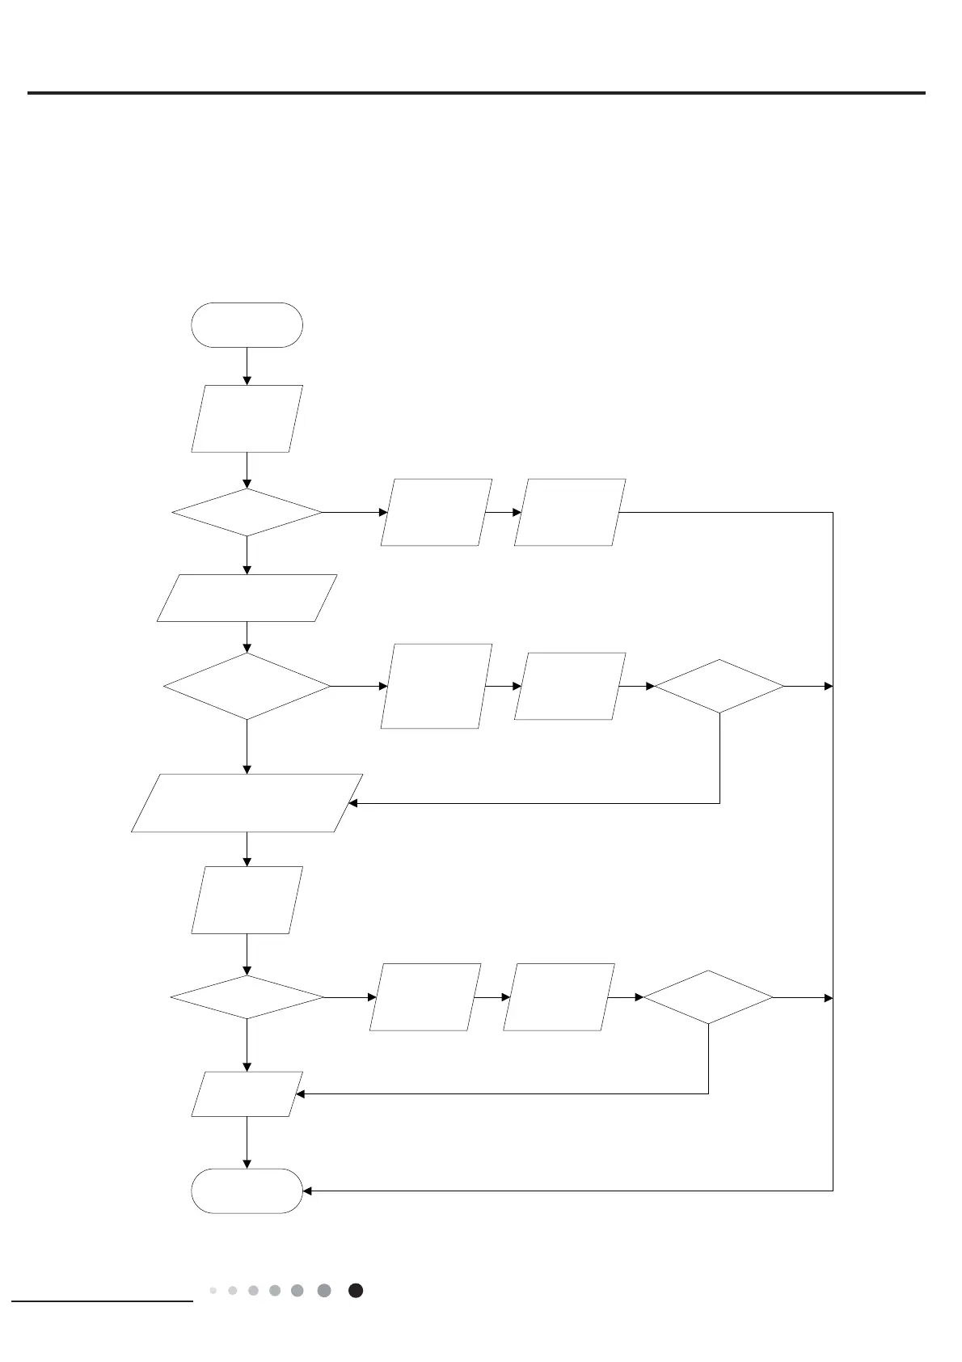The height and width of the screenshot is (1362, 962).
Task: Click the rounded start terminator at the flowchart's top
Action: [247, 325]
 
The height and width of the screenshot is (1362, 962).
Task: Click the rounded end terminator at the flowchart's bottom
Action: [247, 1191]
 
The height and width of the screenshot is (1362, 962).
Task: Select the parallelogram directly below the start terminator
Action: [247, 418]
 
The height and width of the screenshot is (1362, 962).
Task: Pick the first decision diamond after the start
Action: [247, 512]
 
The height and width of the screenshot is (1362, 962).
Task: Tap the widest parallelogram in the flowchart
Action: [247, 803]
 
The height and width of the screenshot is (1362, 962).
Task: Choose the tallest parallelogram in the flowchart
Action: [436, 686]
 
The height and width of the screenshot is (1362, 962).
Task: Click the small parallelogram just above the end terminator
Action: [247, 1094]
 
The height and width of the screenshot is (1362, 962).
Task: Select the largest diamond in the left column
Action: [247, 686]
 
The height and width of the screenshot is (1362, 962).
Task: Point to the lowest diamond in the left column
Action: [247, 998]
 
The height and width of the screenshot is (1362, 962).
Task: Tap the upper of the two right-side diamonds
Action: [719, 686]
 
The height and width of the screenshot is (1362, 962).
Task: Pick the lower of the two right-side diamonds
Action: [708, 998]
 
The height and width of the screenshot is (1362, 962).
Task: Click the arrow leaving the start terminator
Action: [247, 366]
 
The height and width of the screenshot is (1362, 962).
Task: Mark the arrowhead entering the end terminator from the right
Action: [308, 1191]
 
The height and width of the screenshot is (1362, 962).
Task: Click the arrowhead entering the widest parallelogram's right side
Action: [353, 803]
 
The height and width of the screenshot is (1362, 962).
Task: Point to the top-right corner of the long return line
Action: [833, 512]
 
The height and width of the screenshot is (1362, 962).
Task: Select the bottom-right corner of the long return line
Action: [833, 1191]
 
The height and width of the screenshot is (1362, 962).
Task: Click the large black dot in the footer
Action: [356, 1291]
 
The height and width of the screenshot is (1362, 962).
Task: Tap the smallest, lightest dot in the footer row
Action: [213, 1291]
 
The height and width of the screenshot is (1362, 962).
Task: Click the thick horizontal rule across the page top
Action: [476, 93]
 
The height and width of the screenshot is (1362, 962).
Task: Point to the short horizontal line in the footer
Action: [103, 1301]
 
